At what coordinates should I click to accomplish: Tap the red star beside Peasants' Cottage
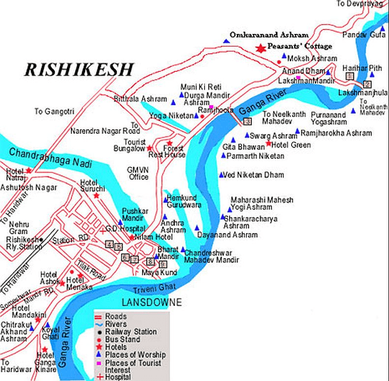261,47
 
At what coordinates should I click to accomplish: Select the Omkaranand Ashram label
269,35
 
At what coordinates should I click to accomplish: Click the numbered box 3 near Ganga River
247,122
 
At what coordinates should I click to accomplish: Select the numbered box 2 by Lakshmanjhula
367,84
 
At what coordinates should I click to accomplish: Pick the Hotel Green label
291,145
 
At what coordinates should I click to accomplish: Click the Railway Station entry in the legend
131,332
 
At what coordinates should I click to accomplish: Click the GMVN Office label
138,173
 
